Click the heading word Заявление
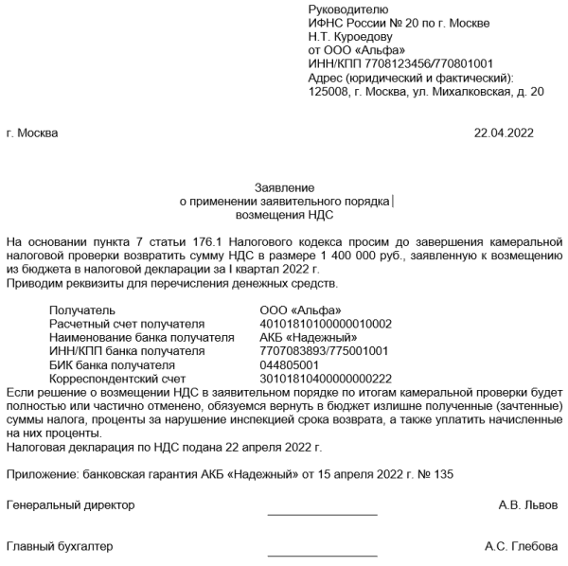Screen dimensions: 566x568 coord(284,187)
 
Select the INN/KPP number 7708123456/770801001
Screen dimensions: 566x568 coord(382,63)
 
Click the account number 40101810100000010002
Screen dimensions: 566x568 coord(326,324)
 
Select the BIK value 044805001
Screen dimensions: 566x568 coord(290,364)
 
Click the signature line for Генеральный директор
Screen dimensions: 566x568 coord(322,514)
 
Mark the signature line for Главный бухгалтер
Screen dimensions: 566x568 coord(322,555)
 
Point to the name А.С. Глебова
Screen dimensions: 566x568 coord(521,546)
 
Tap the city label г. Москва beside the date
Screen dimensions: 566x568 coord(32,133)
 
